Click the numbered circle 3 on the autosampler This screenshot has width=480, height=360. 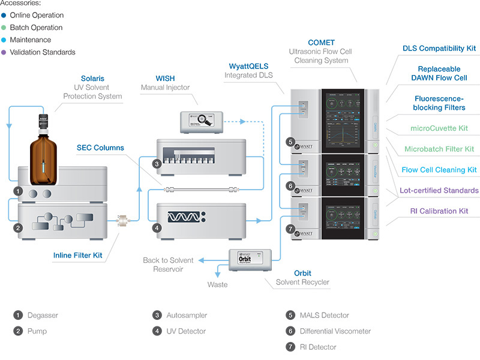coord(157,163)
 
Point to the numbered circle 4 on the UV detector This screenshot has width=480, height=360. coord(157,227)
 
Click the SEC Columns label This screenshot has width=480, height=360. coord(100,148)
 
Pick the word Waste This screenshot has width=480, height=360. coord(218,284)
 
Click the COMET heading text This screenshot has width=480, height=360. coord(321,43)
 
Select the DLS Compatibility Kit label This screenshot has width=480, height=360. coord(439,48)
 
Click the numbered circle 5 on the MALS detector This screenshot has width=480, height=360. coord(290,142)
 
